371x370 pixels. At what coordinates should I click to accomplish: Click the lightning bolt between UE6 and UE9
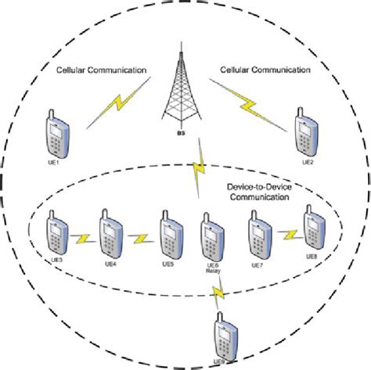click(x=218, y=293)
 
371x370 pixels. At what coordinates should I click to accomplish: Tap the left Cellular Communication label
click(x=101, y=71)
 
